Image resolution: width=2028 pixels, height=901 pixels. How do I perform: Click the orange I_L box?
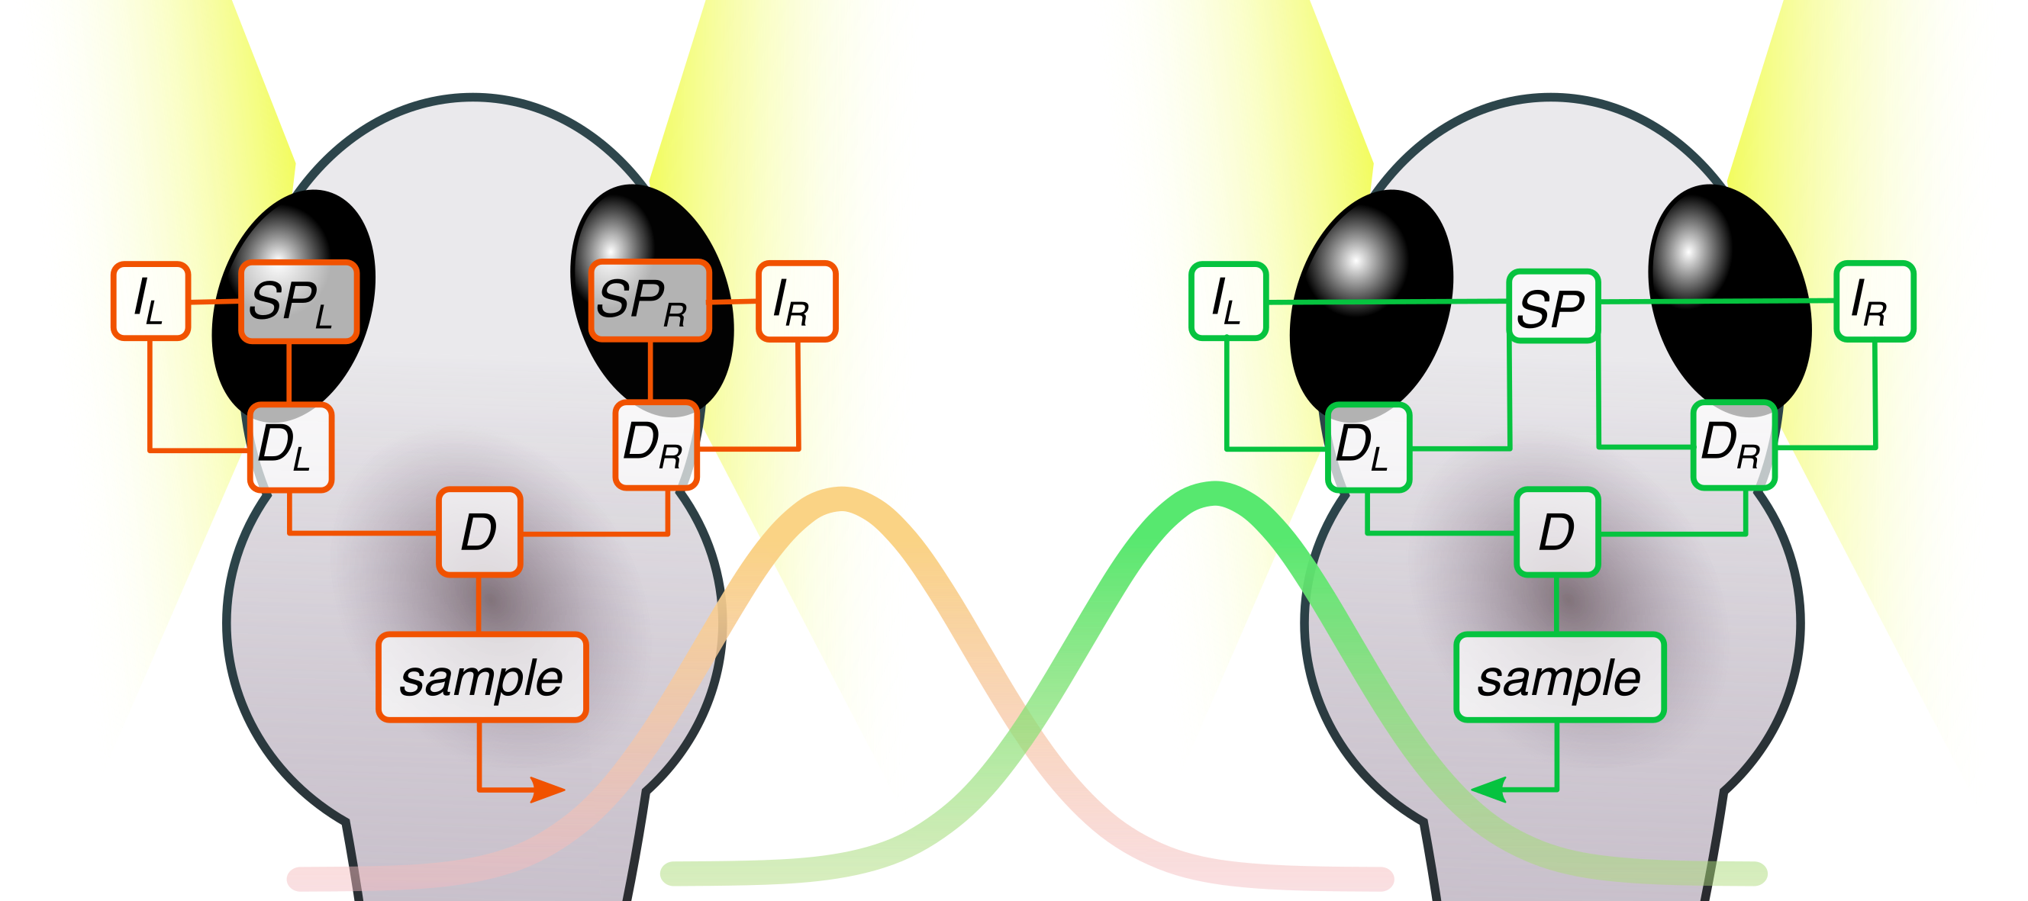(x=150, y=301)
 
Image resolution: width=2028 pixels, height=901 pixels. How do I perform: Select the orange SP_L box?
(x=298, y=301)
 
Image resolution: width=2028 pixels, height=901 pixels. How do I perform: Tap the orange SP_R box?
(x=650, y=301)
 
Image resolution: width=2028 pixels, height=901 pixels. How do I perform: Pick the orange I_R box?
(x=797, y=301)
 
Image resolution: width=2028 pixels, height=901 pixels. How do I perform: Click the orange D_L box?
(x=291, y=447)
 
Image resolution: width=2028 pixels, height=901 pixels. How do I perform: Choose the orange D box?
(x=479, y=532)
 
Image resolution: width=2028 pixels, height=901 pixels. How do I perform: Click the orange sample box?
(x=482, y=677)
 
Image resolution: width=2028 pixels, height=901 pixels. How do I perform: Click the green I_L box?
(x=1228, y=301)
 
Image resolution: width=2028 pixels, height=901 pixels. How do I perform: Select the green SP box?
(x=1553, y=306)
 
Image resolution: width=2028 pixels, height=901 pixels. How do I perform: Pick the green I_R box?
(x=1875, y=301)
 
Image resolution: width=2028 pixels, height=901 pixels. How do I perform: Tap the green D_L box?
(x=1369, y=447)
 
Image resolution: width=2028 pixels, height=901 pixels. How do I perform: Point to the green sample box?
(x=1559, y=677)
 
